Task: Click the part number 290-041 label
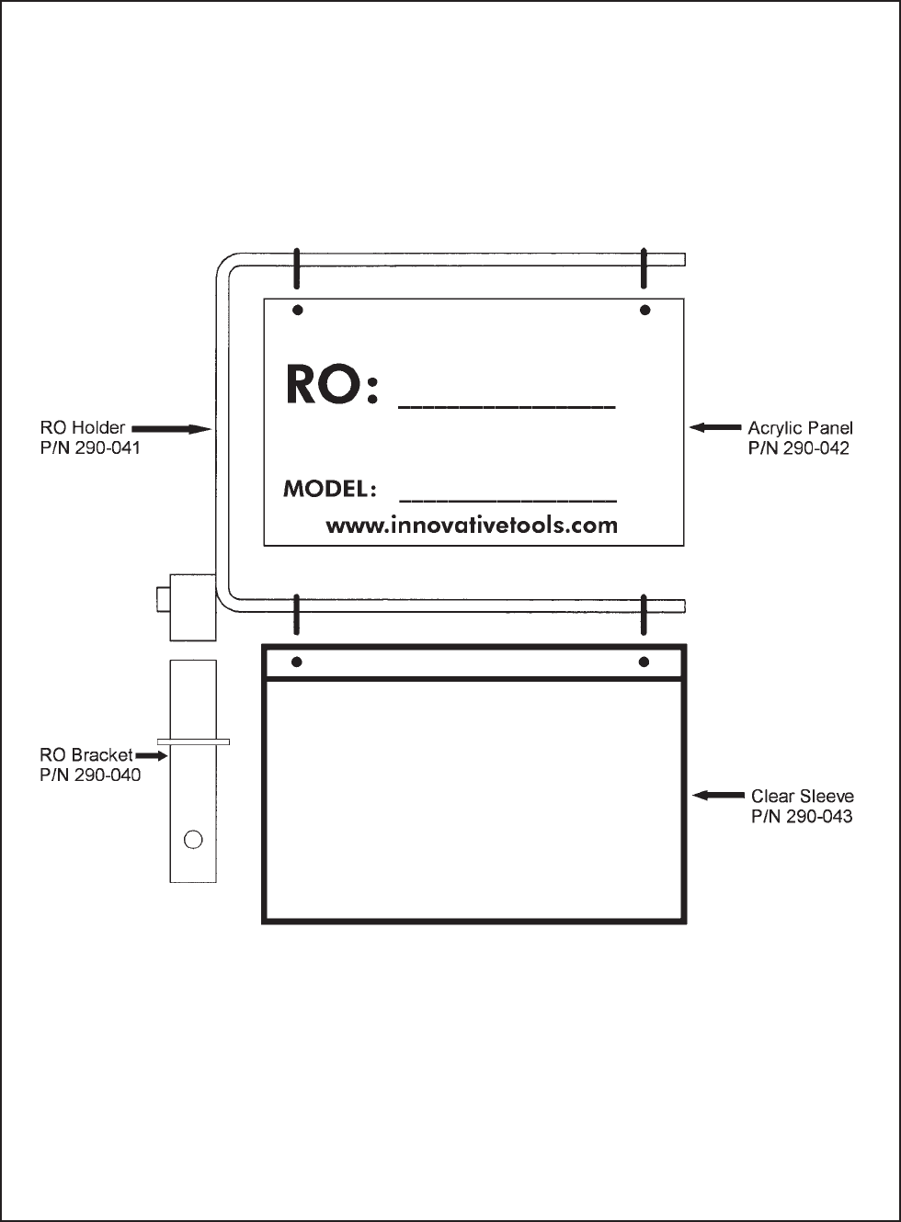pyautogui.click(x=90, y=447)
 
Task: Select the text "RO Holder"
pyautogui.click(x=83, y=427)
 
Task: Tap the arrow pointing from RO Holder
pyautogui.click(x=171, y=429)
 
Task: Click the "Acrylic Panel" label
pyautogui.click(x=800, y=429)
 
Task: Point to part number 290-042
pyautogui.click(x=798, y=448)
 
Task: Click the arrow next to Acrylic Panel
pyautogui.click(x=715, y=427)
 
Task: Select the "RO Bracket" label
pyautogui.click(x=86, y=755)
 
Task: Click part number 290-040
pyautogui.click(x=90, y=775)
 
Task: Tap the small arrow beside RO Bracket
pyautogui.click(x=152, y=755)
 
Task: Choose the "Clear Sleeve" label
pyautogui.click(x=803, y=797)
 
